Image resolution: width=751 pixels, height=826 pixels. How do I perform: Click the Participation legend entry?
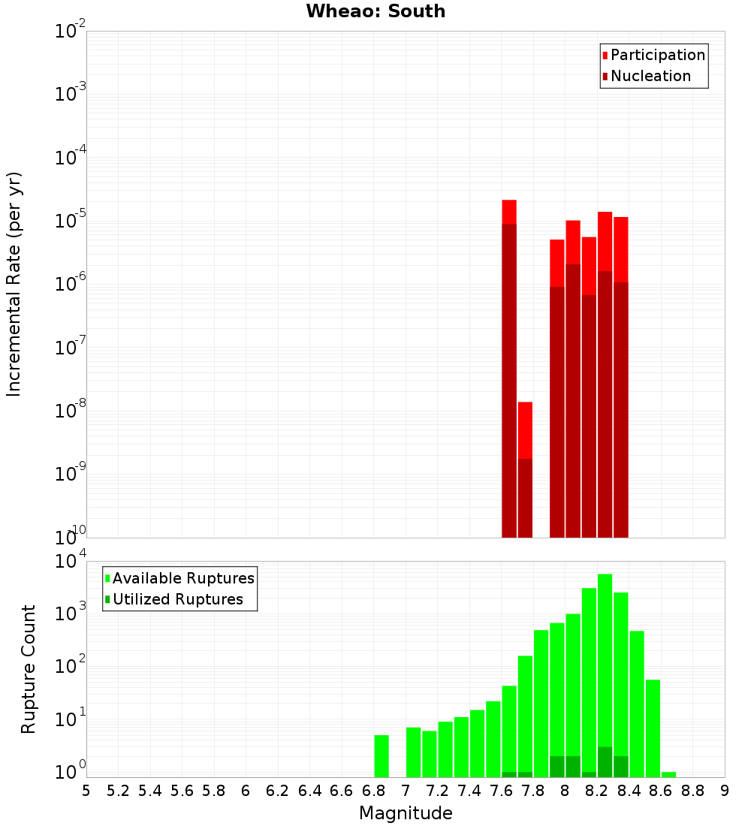(657, 55)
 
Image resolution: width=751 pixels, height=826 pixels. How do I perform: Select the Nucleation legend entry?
(650, 76)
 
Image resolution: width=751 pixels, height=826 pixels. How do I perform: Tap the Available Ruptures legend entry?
(182, 578)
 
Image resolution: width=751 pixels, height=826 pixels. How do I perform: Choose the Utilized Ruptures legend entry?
(177, 599)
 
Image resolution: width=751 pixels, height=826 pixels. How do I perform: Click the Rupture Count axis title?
(29, 669)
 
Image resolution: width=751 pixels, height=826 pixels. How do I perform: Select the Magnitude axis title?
(406, 813)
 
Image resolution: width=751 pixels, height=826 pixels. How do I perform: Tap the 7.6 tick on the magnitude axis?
(501, 791)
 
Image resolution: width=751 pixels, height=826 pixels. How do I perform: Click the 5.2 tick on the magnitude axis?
(118, 791)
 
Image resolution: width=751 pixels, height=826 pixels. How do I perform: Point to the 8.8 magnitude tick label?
(692, 791)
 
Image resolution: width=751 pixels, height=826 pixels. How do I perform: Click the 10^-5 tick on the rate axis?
(71, 221)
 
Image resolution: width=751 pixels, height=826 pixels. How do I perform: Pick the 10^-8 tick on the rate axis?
(71, 411)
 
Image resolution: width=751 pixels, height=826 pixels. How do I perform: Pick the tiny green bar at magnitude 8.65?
(668, 774)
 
